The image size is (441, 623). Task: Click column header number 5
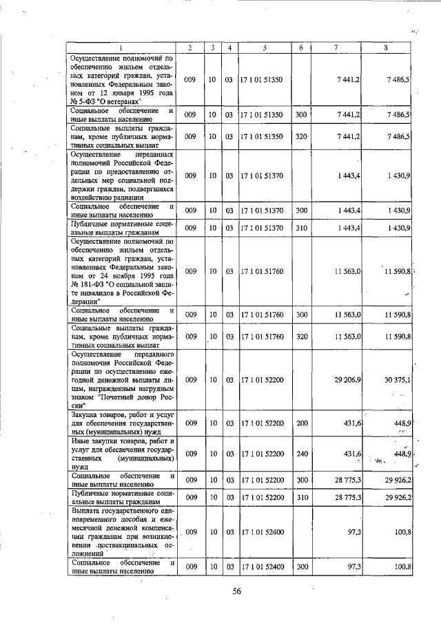tap(264, 47)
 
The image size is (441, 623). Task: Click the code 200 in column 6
tap(300, 422)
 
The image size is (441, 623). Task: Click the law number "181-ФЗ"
tap(94, 282)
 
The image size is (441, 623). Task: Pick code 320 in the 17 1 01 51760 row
tap(300, 336)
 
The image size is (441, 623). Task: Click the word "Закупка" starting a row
tap(88, 414)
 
